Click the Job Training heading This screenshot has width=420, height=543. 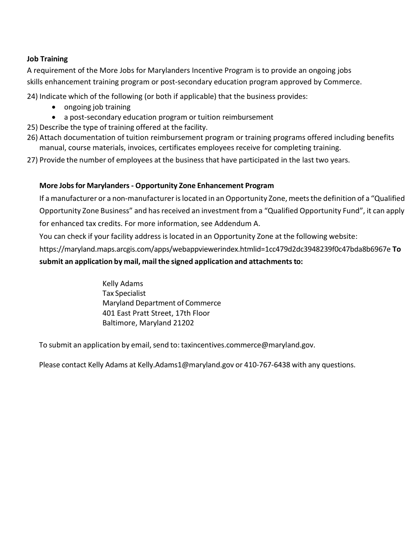47,59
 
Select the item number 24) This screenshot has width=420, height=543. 32,96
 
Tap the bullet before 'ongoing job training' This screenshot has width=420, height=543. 54,107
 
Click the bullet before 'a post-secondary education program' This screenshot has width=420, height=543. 54,117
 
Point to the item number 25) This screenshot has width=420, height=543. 32,127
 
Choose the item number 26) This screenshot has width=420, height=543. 32,137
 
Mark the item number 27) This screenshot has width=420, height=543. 32,160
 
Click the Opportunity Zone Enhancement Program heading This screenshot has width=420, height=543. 157,185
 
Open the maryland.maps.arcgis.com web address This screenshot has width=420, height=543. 215,249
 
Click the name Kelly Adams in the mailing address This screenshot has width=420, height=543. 122,283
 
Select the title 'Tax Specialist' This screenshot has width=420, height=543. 124,293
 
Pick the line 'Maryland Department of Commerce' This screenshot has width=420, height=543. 161,303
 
